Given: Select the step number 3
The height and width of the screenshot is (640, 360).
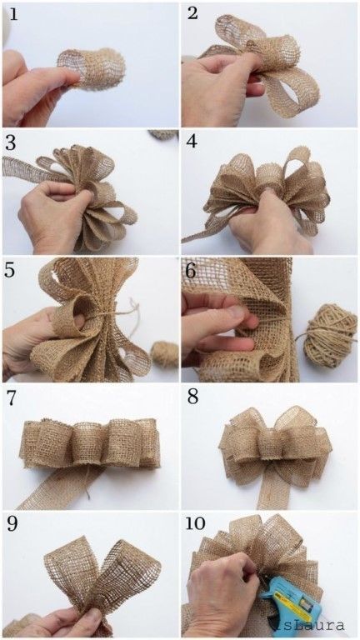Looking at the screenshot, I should pyautogui.click(x=11, y=142).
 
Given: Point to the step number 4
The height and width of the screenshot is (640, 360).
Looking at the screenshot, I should pyautogui.click(x=192, y=142).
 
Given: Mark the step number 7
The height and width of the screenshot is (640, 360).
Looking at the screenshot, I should pyautogui.click(x=11, y=397).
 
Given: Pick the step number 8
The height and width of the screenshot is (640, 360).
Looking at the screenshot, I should pyautogui.click(x=192, y=397).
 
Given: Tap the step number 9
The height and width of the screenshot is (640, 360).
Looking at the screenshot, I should pyautogui.click(x=11, y=525).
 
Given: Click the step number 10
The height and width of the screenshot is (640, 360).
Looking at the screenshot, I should pyautogui.click(x=197, y=525).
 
